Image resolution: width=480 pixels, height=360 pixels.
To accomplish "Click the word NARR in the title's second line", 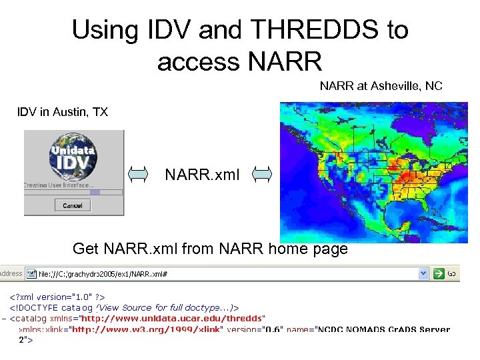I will point(285,61).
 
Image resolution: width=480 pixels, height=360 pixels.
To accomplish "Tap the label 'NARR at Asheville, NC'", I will point(381,86).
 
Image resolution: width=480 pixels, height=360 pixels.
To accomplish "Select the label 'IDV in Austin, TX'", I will point(62,112).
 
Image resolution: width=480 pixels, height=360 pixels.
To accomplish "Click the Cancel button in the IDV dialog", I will point(72,205).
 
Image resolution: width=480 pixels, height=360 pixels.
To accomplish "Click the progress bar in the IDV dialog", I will point(73,192).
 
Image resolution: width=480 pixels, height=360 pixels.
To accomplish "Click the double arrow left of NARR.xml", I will point(138,175).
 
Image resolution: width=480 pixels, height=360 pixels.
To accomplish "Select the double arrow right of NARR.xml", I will point(262,175).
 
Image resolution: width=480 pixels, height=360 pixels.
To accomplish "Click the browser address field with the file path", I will point(227,273).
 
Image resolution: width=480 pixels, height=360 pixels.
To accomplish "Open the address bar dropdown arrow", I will point(423,273).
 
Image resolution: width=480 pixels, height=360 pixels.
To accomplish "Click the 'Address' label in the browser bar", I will point(11,273).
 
